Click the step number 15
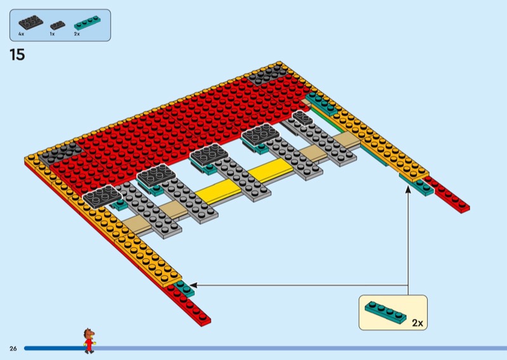[x=17, y=55]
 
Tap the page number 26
[x=13, y=349]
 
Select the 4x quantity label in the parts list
[x=21, y=34]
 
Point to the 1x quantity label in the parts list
[x=52, y=34]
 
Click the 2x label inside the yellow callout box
[x=416, y=323]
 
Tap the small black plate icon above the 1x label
[x=58, y=25]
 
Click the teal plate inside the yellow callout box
[x=386, y=311]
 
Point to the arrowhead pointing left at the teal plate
[x=193, y=285]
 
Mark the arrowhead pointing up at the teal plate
[x=408, y=188]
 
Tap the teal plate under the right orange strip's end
[x=418, y=184]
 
